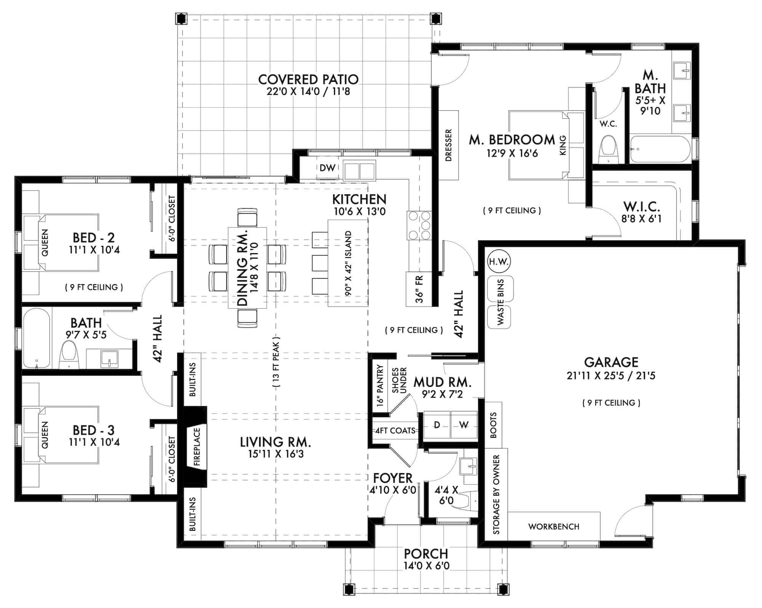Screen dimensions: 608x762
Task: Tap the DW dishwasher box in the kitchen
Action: pos(327,168)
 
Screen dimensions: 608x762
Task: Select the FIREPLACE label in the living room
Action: pos(197,447)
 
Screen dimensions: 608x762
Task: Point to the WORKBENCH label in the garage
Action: pos(554,526)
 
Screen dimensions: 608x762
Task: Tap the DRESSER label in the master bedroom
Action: pos(448,145)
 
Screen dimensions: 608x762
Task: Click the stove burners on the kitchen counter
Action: pos(419,225)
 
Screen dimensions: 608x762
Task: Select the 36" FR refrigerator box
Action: pos(419,289)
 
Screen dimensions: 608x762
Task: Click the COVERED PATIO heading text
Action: pos(308,80)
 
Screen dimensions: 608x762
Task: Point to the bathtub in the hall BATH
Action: pos(36,338)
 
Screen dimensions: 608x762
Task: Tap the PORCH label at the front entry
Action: pos(426,553)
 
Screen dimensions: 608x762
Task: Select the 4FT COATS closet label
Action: pos(395,430)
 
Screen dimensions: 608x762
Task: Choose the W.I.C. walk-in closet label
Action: pos(641,207)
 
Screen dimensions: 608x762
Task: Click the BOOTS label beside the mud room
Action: pos(493,425)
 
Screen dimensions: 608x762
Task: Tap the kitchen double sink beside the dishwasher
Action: pos(359,170)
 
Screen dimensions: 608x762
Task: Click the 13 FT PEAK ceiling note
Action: pos(276,362)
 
